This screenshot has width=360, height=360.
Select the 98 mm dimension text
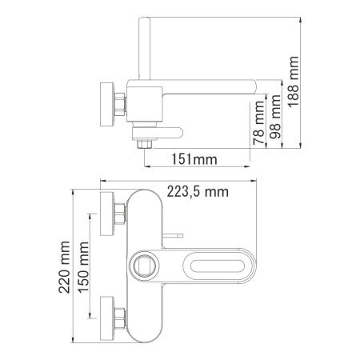click(x=276, y=112)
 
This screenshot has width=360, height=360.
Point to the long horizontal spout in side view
click(x=208, y=86)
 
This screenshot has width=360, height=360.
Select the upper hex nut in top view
click(x=119, y=214)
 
